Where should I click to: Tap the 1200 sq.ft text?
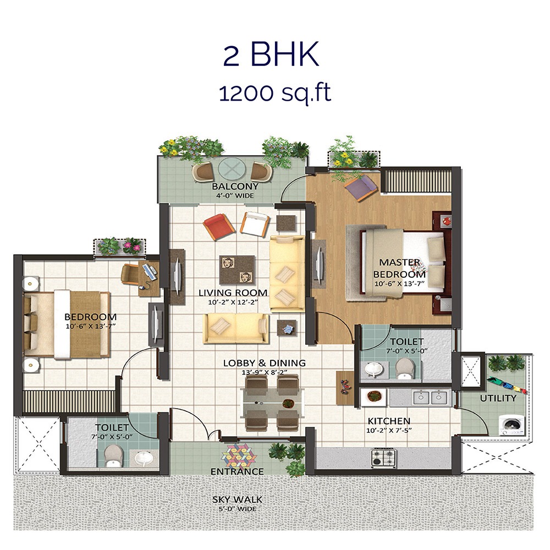coord(275,93)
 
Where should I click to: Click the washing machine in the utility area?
coord(511,425)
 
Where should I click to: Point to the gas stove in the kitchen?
coord(383,456)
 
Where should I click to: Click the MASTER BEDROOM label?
coord(399,268)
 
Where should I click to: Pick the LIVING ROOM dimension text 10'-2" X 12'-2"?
coord(233,302)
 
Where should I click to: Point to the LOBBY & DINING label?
coord(264,363)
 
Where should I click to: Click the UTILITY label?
coord(498,398)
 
